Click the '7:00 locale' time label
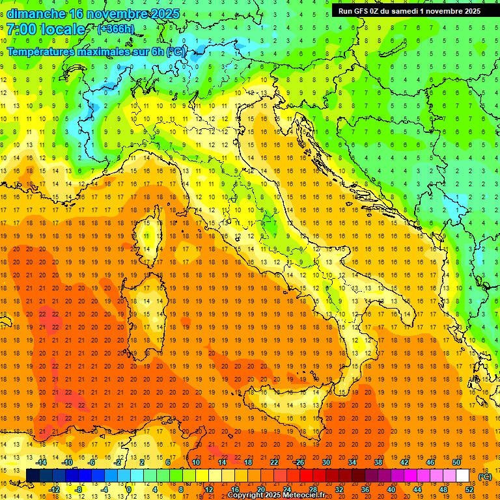[x=46, y=29]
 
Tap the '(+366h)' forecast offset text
[x=116, y=29]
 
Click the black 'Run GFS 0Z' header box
[x=410, y=10]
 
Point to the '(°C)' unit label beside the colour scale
[x=485, y=477]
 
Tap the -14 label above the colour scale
[x=42, y=462]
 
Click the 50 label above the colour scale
[x=456, y=462]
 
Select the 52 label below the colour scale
[x=469, y=490]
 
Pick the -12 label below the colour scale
[x=55, y=490]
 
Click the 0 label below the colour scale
[x=129, y=490]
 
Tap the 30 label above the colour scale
[x=326, y=462]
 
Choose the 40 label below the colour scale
[x=391, y=490]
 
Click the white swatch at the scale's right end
[x=462, y=476]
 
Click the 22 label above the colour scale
[x=274, y=462]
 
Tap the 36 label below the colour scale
[x=365, y=490]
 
